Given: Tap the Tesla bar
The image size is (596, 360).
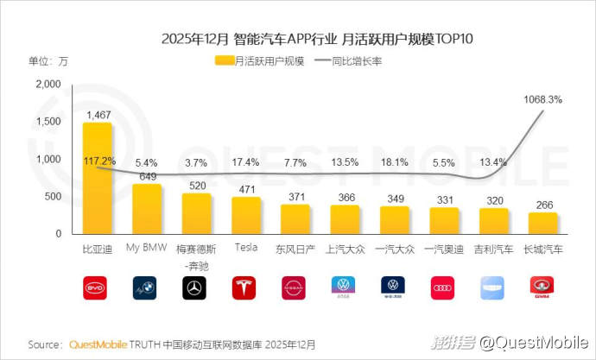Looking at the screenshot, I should tap(246, 215).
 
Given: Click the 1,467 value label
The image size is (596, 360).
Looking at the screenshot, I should tap(97, 114).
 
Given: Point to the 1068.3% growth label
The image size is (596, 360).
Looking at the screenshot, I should tap(543, 99).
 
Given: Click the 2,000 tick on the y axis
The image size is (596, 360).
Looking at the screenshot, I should tap(48, 84).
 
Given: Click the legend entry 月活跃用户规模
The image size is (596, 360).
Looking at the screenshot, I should tap(260, 61).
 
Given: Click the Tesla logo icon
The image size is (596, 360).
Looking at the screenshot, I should tap(246, 288).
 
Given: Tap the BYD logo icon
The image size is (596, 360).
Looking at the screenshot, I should tap(97, 288).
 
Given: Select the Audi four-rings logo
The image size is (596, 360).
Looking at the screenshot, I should tap(445, 288).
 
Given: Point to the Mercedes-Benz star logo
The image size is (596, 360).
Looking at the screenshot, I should tap(197, 288).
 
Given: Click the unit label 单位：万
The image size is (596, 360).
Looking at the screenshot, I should tap(48, 61).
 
